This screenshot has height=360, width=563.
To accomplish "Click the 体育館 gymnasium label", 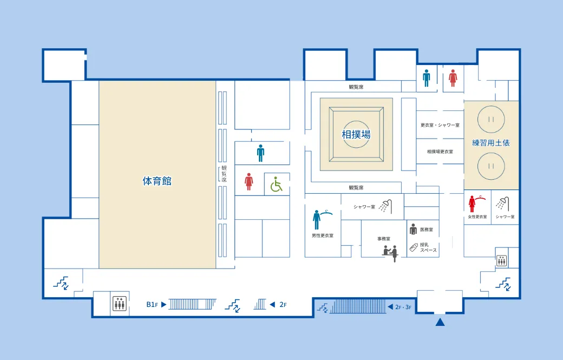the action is click(x=157, y=181).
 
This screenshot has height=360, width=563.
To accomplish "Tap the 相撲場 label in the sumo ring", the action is click(x=356, y=135).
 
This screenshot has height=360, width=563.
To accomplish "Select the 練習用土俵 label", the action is click(x=491, y=143).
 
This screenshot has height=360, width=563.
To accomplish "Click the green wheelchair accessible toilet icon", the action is click(x=276, y=184).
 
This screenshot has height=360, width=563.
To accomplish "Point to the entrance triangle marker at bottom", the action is click(x=440, y=322).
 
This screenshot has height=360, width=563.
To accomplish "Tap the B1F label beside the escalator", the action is click(x=152, y=305).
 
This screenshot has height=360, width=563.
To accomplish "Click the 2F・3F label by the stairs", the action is click(x=403, y=307).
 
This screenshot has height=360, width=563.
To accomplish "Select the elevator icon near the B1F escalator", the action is click(x=119, y=304).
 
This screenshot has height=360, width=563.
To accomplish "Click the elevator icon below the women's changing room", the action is click(x=502, y=260).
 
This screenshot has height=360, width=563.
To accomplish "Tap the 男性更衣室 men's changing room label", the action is click(x=323, y=235).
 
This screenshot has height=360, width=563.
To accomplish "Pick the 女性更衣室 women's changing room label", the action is click(x=477, y=217).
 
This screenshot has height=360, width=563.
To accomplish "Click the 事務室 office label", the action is click(x=383, y=239).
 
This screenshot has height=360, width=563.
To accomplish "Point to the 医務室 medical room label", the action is click(x=427, y=230).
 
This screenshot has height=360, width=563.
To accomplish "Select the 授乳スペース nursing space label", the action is click(x=428, y=247).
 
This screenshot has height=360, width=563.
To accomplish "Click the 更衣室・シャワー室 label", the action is click(x=440, y=125).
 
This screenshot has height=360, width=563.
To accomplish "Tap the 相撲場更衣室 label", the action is click(x=440, y=152).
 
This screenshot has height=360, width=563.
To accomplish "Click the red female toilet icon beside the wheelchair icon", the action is click(x=249, y=181).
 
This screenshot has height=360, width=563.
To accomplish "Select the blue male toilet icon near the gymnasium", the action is click(x=261, y=153).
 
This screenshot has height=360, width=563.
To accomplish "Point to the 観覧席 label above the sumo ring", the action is click(x=356, y=87).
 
